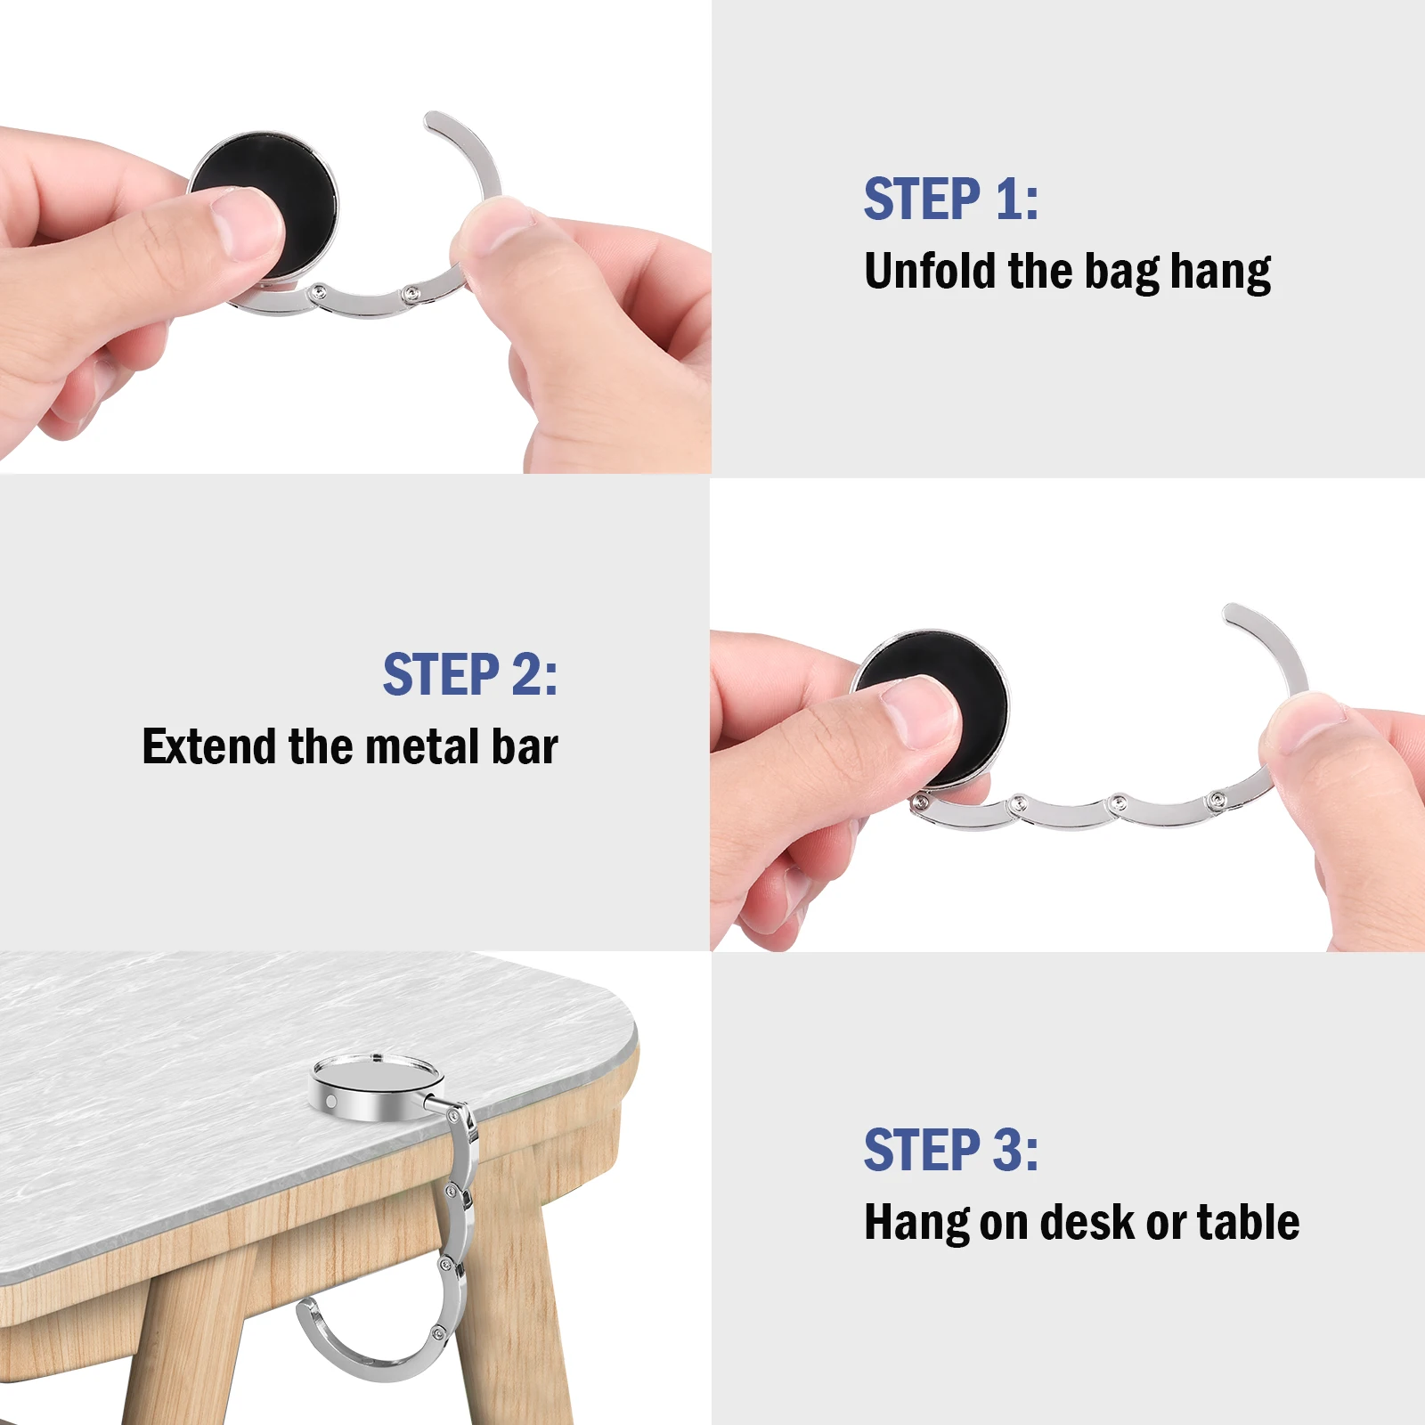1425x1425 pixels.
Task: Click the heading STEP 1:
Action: (950, 199)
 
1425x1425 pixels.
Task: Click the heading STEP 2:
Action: (469, 674)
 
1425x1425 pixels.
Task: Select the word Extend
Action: (208, 746)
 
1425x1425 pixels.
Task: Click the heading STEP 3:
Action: (950, 1150)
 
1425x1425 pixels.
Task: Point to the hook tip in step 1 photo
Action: (435, 121)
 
